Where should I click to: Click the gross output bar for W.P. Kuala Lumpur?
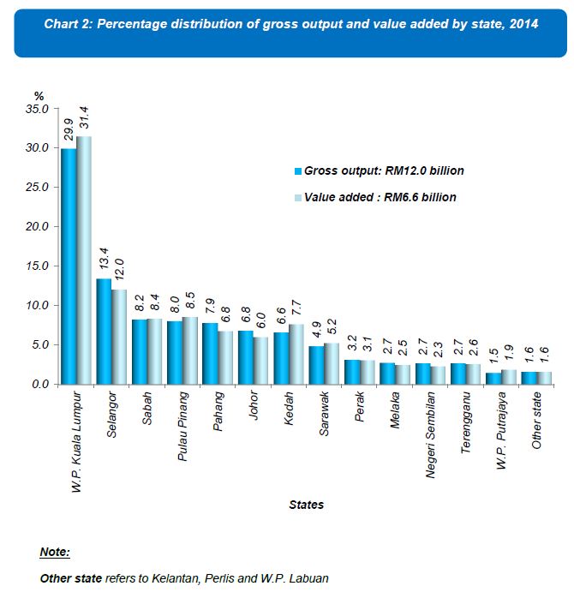tap(69, 266)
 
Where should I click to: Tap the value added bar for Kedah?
tap(296, 354)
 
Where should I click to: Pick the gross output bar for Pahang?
tap(210, 353)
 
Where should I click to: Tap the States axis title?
tap(306, 505)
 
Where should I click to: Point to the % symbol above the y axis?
tap(39, 95)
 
